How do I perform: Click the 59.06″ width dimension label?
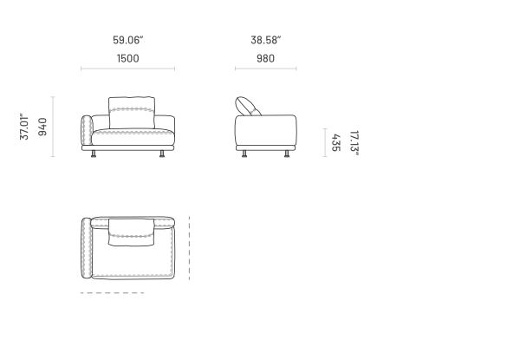pos(128,40)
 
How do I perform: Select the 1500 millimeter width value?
pos(128,59)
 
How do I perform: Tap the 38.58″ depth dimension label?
pos(266,40)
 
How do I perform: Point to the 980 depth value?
pos(266,59)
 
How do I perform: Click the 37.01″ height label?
pos(24,127)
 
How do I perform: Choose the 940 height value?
pos(42,127)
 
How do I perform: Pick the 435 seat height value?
pos(335,142)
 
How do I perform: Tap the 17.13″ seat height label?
pos(354,143)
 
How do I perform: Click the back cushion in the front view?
pos(132,113)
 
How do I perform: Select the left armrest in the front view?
pos(87,130)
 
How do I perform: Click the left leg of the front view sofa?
pos(94,154)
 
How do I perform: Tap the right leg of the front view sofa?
pos(162,154)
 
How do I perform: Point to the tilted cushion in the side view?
pos(247,107)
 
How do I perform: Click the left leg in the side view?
pos(244,154)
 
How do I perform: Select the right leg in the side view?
pos(287,154)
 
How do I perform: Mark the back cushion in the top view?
pos(132,232)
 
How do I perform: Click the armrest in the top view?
pos(86,248)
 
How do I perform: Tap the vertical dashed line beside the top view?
pos(189,248)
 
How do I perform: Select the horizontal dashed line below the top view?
pos(113,293)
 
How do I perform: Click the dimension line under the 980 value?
pos(266,69)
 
